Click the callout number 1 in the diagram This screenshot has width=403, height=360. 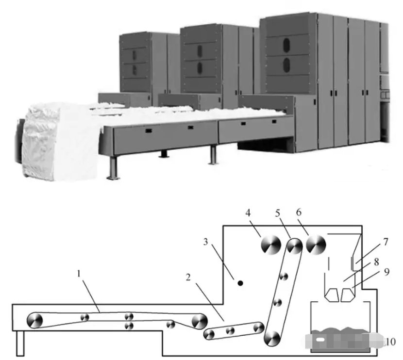click(79, 274)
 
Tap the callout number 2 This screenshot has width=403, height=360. click(188, 278)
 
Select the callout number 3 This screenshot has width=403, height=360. click(205, 242)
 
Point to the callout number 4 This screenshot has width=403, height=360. click(248, 213)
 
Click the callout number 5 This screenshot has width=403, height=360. click(277, 213)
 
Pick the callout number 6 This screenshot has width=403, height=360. click(299, 213)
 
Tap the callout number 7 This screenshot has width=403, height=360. click(386, 242)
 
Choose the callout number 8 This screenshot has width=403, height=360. click(376, 262)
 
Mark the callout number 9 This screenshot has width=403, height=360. click(387, 272)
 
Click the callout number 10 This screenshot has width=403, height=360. click(391, 342)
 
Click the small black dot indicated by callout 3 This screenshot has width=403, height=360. click(240, 283)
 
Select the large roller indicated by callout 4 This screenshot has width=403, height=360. click(271, 245)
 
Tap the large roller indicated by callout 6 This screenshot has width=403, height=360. click(316, 245)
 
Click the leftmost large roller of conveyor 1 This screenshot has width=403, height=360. click(34, 320)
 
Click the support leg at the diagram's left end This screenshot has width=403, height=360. click(20, 344)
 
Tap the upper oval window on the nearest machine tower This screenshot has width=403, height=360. click(286, 44)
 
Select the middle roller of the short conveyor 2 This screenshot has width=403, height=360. click(230, 331)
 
